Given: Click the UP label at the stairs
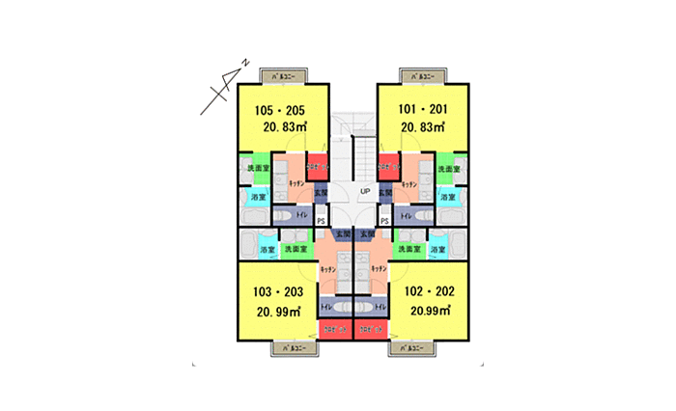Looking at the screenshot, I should click(365, 191).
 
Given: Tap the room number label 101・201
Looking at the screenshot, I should click(422, 110).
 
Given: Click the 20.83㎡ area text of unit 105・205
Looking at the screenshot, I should click(280, 126).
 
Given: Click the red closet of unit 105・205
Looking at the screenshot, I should click(318, 166).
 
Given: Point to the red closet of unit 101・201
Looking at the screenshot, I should click(387, 166).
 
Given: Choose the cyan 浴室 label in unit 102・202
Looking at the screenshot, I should click(439, 250).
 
